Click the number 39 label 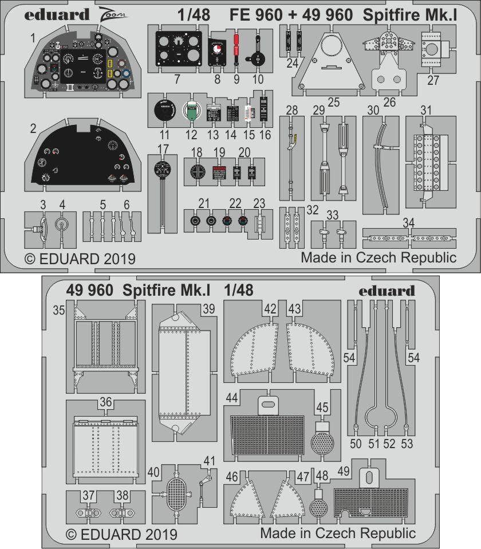(208, 309)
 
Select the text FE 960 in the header (256, 15)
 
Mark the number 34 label (408, 222)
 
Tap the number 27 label (433, 80)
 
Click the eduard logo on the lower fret (387, 290)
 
